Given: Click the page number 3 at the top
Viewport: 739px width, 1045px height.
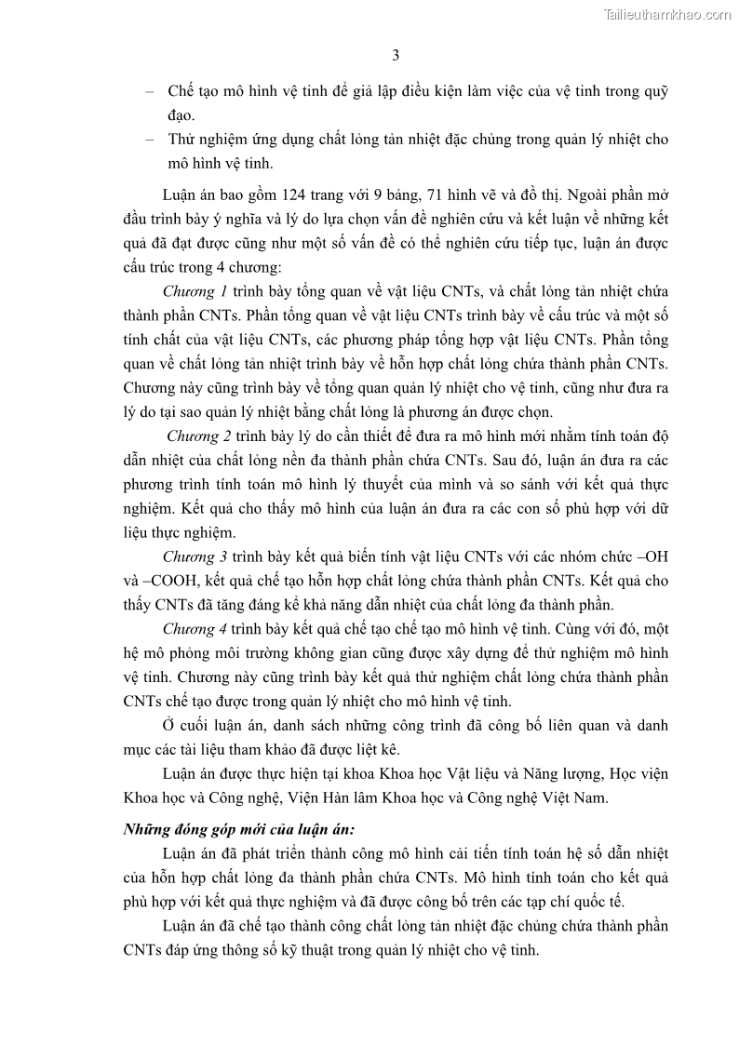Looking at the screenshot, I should pyautogui.click(x=396, y=55).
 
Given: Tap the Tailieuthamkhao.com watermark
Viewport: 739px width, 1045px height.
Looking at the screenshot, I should pyautogui.click(x=667, y=14).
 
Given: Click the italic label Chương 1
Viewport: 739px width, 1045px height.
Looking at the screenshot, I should pyautogui.click(x=189, y=290).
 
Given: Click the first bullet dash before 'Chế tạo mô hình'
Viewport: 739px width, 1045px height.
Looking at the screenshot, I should pyautogui.click(x=149, y=91).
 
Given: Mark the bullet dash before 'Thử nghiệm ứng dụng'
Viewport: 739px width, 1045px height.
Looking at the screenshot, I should pyautogui.click(x=149, y=140).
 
